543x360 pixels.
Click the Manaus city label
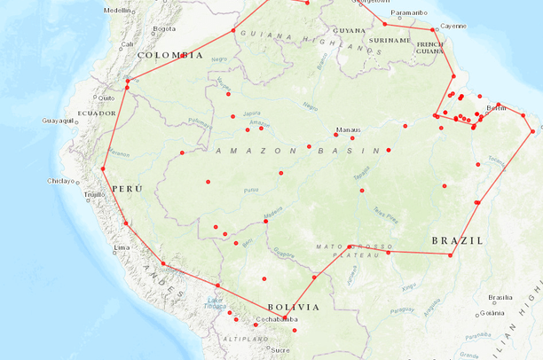(349, 129)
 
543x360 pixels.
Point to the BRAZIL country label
(457, 240)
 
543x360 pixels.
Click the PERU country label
(127, 189)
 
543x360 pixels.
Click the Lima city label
(123, 247)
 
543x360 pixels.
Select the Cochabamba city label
(275, 319)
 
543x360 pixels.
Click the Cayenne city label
(452, 27)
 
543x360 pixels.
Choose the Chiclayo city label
(61, 181)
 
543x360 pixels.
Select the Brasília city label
(501, 297)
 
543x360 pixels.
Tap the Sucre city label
(280, 350)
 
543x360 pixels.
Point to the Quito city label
(106, 98)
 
